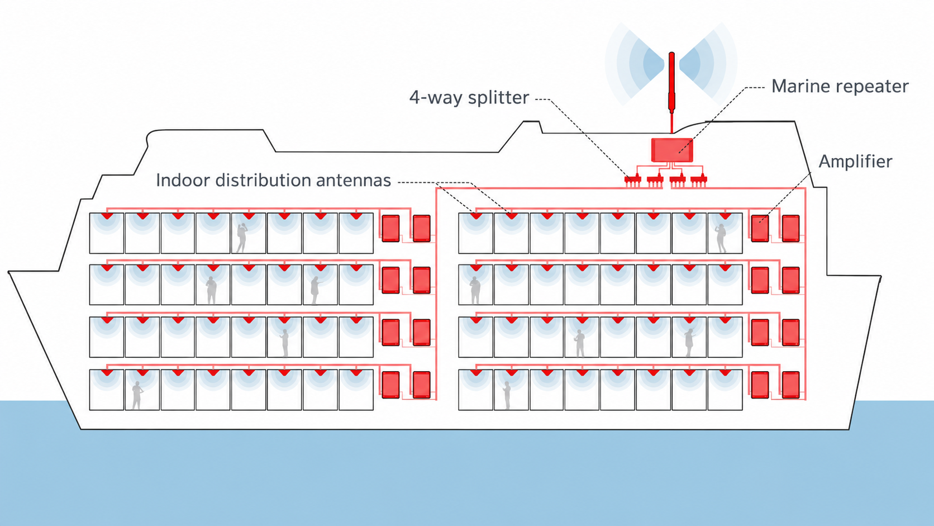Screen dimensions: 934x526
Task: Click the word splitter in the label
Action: pyautogui.click(x=498, y=98)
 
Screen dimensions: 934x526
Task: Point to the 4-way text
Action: pyautogui.click(x=436, y=98)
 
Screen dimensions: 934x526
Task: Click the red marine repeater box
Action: pyautogui.click(x=671, y=150)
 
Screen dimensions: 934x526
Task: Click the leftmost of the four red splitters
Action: pyautogui.click(x=632, y=180)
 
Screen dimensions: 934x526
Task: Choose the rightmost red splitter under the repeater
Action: pyautogui.click(x=698, y=180)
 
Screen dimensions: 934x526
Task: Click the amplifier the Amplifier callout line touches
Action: pyautogui.click(x=760, y=228)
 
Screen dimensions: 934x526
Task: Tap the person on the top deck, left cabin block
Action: pyautogui.click(x=241, y=238)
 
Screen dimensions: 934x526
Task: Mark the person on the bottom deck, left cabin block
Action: pyautogui.click(x=137, y=395)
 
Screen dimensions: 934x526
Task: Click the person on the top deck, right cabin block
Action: pyautogui.click(x=721, y=239)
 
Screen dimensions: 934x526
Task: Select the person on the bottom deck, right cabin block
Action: pyautogui.click(x=507, y=395)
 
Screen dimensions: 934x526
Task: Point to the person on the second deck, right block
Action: pyautogui.click(x=474, y=291)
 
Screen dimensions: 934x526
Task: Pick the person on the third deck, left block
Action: pyautogui.click(x=285, y=343)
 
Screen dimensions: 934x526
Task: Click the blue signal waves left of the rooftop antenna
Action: pyautogui.click(x=636, y=64)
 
